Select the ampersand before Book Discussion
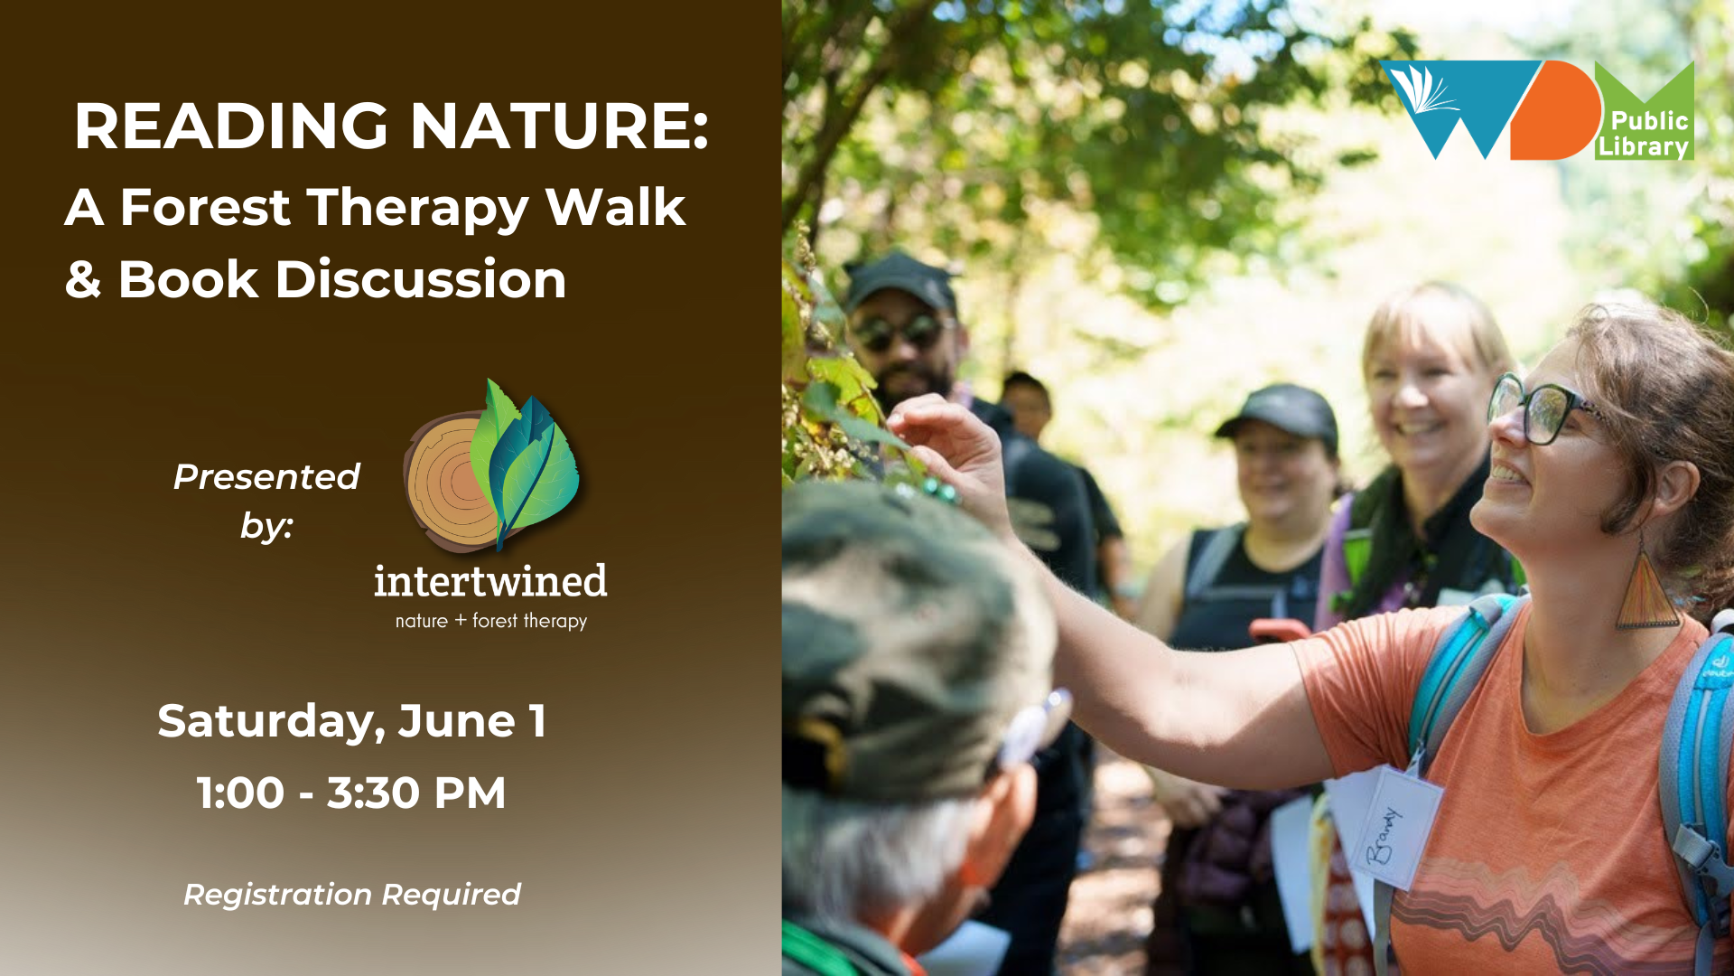click(x=83, y=279)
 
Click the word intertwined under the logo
click(x=490, y=581)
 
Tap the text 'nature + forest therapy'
click(x=491, y=621)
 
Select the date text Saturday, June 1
click(x=352, y=721)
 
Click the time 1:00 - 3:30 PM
click(x=351, y=793)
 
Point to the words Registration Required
click(x=352, y=895)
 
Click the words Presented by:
click(x=266, y=501)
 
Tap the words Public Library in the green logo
click(x=1644, y=134)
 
